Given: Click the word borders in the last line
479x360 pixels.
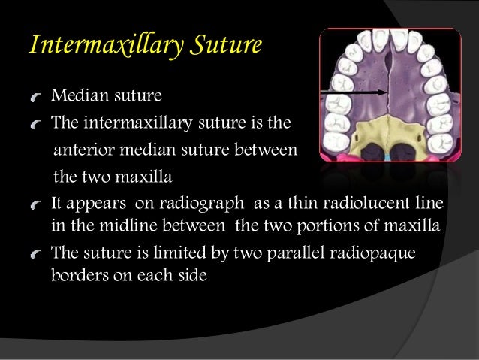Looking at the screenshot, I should pos(78,274).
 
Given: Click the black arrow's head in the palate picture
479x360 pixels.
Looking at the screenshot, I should pos(384,92).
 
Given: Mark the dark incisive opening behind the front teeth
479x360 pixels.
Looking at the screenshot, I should pos(390,47).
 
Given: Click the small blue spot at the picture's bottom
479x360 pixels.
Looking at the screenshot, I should pos(388,156).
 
